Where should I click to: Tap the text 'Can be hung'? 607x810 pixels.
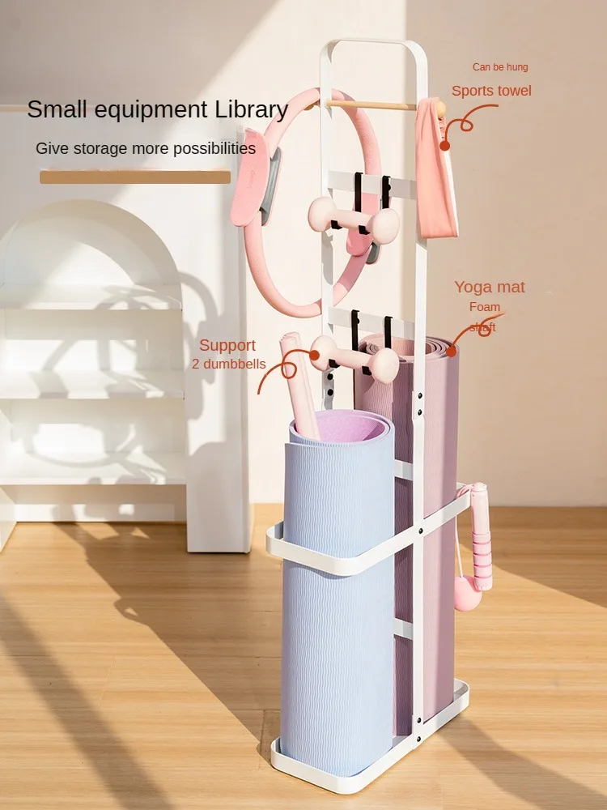click(500, 67)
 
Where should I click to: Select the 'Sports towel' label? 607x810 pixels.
click(491, 91)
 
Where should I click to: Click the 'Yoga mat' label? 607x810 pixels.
click(489, 287)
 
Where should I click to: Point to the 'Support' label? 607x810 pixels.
click(227, 346)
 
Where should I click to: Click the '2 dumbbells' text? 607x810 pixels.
click(228, 364)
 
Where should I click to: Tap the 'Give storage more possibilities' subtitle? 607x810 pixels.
click(146, 149)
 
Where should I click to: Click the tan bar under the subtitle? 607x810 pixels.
click(135, 177)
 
